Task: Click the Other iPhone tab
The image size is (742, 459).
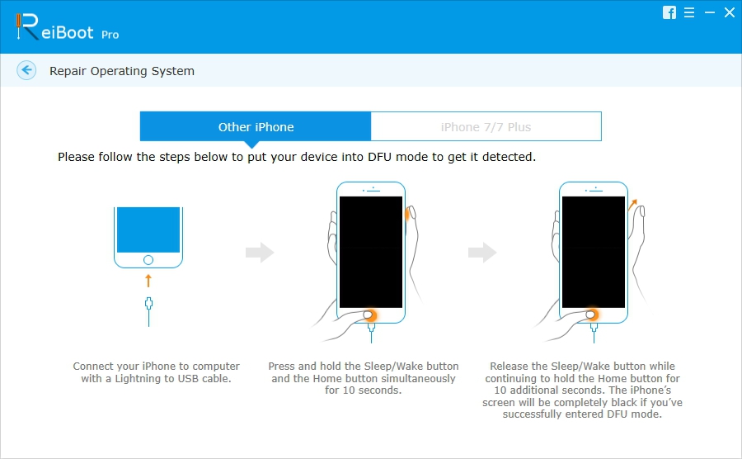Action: pyautogui.click(x=256, y=127)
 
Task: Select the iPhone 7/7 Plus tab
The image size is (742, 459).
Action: pyautogui.click(x=486, y=127)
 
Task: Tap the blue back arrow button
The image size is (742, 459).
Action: pyautogui.click(x=26, y=71)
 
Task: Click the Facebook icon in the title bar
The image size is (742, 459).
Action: pyautogui.click(x=669, y=12)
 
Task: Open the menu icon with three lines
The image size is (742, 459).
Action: pyautogui.click(x=689, y=12)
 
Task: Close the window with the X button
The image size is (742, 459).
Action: pyautogui.click(x=729, y=12)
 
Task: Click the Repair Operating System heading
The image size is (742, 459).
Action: pyautogui.click(x=122, y=71)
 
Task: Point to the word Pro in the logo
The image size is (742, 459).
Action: pyautogui.click(x=110, y=35)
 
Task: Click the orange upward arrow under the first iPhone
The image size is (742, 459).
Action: pyautogui.click(x=148, y=281)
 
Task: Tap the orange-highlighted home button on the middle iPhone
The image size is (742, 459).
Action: pyautogui.click(x=369, y=314)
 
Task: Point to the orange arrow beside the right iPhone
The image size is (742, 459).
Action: pyautogui.click(x=633, y=205)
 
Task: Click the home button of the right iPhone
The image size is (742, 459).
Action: pyautogui.click(x=591, y=314)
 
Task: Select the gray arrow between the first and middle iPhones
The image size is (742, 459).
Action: pyautogui.click(x=260, y=253)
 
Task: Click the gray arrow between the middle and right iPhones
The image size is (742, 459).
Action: pyautogui.click(x=482, y=253)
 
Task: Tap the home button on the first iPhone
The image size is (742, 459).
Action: pyautogui.click(x=148, y=259)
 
